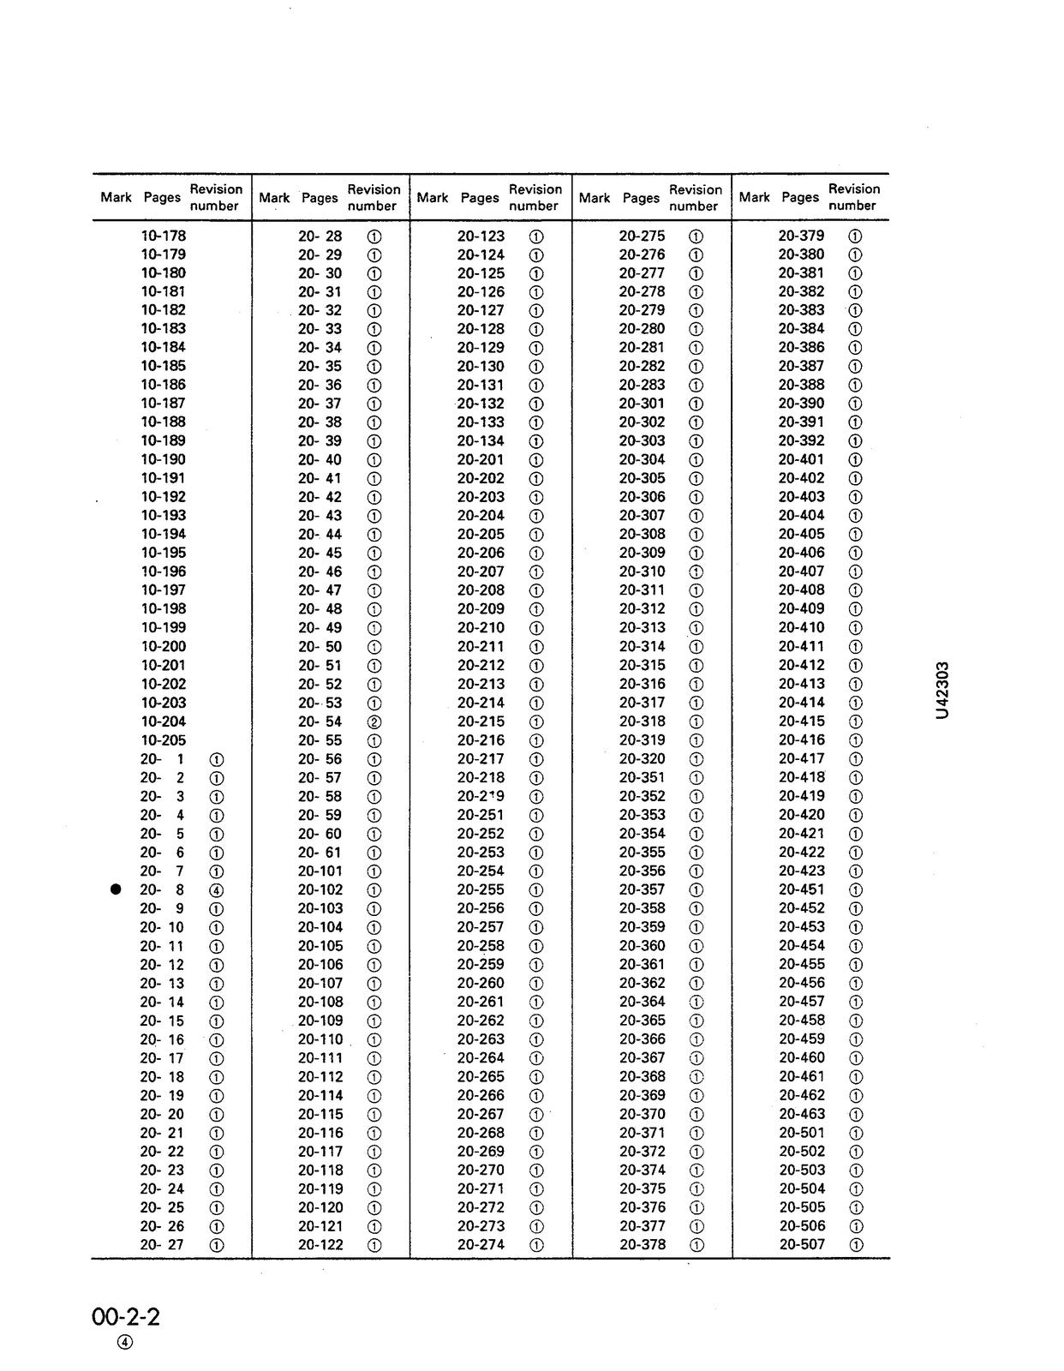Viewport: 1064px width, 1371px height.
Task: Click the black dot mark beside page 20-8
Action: tap(116, 889)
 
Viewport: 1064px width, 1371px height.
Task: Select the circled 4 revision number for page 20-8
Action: tap(217, 890)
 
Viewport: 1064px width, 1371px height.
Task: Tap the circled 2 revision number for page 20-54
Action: tap(374, 721)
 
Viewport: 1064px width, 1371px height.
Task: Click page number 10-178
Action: tap(163, 236)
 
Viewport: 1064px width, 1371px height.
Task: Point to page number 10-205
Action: tap(163, 740)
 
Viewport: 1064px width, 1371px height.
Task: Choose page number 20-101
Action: tap(320, 871)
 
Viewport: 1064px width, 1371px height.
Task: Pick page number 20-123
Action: tap(481, 236)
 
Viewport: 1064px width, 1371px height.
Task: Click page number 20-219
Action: tap(481, 796)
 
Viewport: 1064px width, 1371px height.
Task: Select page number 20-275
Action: tap(642, 236)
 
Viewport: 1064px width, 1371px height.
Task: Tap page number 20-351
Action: tap(642, 777)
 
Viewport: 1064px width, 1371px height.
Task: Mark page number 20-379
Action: tap(801, 236)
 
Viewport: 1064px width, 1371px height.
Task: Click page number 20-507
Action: tap(802, 1244)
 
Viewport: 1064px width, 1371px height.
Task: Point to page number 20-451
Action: tap(801, 889)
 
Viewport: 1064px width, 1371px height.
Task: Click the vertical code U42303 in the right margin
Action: tap(942, 691)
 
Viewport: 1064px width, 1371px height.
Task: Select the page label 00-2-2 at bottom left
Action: tap(126, 1315)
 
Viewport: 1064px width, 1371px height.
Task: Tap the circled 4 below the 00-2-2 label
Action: tap(125, 1343)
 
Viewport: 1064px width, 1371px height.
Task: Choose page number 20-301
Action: tap(642, 404)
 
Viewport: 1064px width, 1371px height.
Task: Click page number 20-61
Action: tap(320, 853)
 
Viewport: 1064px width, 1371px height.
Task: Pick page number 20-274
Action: tap(481, 1244)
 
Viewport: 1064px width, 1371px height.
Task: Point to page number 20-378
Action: tap(642, 1244)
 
